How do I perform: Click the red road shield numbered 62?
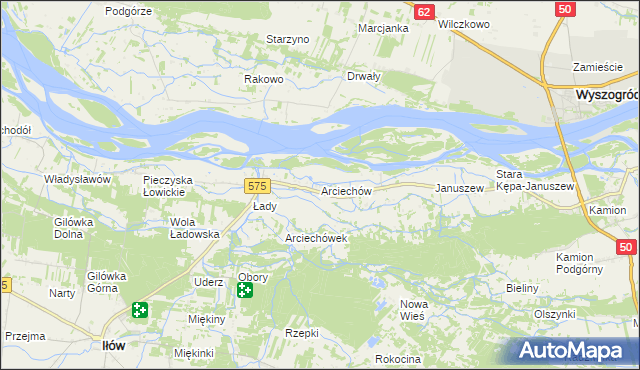click(x=424, y=11)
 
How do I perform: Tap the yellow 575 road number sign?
click(x=257, y=186)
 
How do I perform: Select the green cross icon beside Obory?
click(x=245, y=291)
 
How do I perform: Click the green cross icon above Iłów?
click(x=139, y=312)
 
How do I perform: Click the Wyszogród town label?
click(x=607, y=94)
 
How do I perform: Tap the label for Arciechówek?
click(x=316, y=238)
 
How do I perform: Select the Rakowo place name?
click(x=265, y=79)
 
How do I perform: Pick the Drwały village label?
click(x=363, y=76)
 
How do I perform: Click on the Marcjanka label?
click(x=384, y=28)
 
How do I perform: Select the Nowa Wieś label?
click(x=412, y=308)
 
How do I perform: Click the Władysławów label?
click(x=76, y=179)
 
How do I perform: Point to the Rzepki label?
click(x=301, y=333)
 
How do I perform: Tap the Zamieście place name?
click(x=598, y=67)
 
